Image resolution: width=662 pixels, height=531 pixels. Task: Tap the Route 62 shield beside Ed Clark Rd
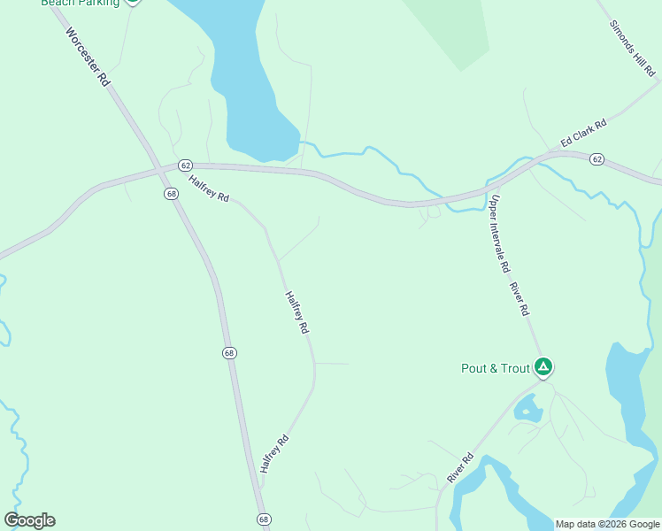pos(597,159)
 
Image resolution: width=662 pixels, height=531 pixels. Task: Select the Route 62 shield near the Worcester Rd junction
pos(185,165)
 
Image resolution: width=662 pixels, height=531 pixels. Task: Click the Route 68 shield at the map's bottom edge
pos(263,519)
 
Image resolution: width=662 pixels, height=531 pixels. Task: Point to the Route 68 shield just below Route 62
pos(171,193)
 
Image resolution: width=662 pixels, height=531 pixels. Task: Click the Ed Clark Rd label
pos(583,134)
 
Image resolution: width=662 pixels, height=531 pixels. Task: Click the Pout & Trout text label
pos(495,368)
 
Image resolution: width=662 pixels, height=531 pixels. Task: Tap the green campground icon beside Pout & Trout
pos(543,366)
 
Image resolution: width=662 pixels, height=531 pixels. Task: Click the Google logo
pos(29,519)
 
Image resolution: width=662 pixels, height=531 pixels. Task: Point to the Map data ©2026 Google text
pos(607,524)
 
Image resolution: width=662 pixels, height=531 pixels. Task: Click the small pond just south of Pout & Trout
pos(528,409)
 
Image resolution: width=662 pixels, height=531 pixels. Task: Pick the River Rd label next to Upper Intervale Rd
pos(519,299)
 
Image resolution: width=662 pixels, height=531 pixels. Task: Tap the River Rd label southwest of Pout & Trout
pos(460,468)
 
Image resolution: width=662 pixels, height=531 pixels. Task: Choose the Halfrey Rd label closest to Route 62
pos(209,188)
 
